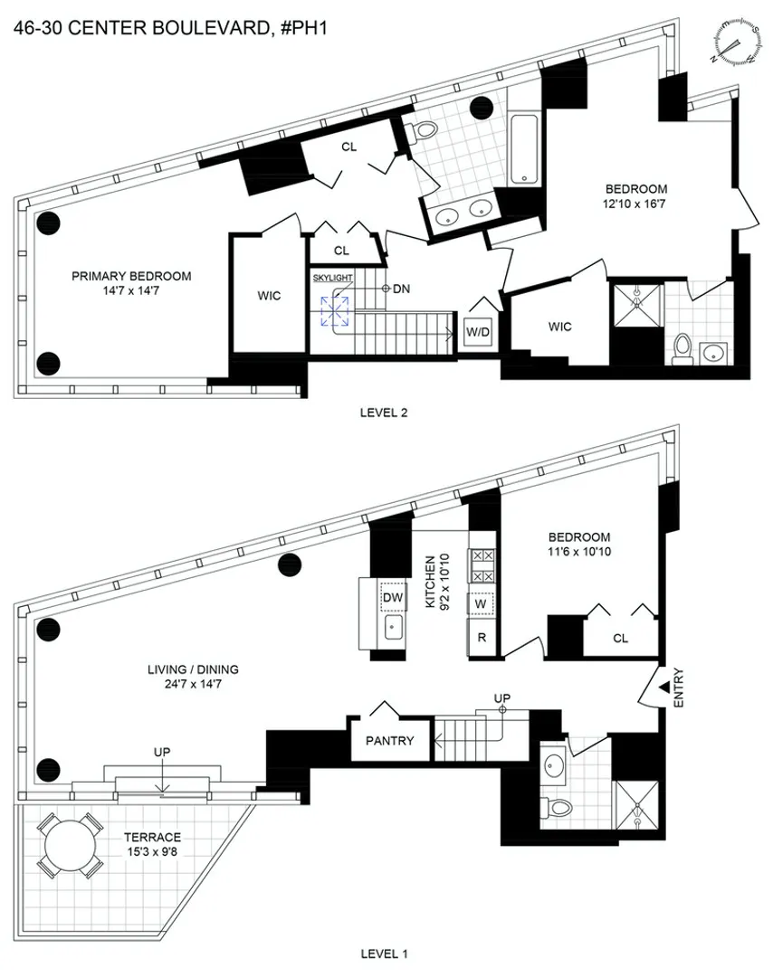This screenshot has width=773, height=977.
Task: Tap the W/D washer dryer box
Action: [x=478, y=331]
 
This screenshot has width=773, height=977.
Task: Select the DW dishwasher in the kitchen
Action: [x=392, y=597]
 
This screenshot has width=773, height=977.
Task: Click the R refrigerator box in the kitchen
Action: [x=482, y=637]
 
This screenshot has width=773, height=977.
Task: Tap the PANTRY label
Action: [x=390, y=741]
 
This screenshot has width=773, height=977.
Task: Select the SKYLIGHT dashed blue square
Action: [x=336, y=311]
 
